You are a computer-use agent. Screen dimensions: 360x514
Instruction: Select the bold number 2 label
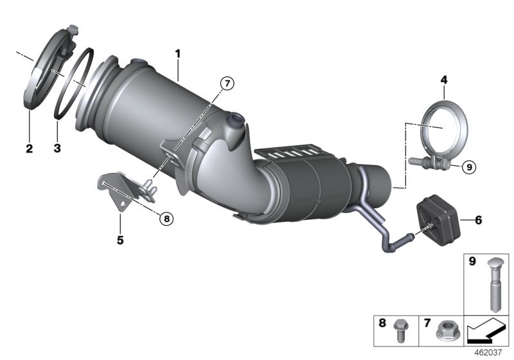coord(29,149)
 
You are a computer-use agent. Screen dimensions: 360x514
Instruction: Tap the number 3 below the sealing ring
coord(57,149)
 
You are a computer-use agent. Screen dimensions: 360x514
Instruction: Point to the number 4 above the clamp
coord(443,80)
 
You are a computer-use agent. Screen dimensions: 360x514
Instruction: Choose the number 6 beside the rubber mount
coord(477,220)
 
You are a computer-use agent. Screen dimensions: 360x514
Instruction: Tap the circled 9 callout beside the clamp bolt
coord(468,166)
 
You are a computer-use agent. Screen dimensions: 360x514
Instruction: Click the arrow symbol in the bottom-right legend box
coord(485,333)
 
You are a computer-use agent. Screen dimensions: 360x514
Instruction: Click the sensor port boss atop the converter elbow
coord(235,120)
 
